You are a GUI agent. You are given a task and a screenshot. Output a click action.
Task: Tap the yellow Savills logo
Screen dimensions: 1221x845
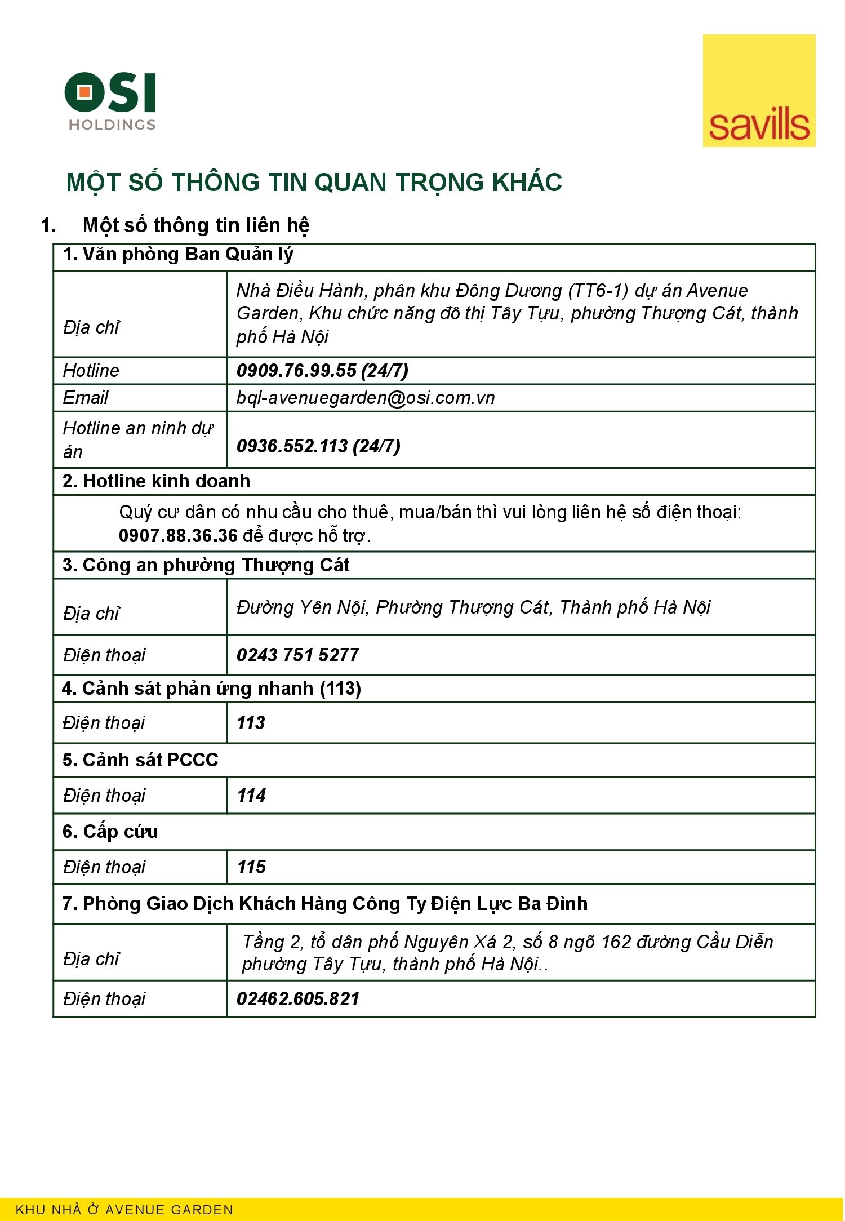click(758, 91)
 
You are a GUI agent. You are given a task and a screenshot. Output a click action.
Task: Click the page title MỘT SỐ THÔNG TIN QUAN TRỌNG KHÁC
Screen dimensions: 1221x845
click(314, 183)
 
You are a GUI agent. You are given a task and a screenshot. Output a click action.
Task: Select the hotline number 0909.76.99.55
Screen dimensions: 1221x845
click(296, 370)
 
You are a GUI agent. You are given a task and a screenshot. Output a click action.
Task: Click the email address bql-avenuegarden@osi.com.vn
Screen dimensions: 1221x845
click(366, 398)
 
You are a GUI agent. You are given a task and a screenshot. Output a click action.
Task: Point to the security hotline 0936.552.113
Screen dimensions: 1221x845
click(292, 446)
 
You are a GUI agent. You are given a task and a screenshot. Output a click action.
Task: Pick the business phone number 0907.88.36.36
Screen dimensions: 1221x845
click(178, 535)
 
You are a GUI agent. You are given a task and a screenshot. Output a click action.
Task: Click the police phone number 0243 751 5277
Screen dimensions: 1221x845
click(297, 655)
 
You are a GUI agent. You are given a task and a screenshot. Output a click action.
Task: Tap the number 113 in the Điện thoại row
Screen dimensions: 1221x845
click(251, 722)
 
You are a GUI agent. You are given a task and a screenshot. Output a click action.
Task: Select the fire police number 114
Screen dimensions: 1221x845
click(251, 795)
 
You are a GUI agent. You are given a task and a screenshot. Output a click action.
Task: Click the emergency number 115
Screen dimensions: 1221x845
click(251, 867)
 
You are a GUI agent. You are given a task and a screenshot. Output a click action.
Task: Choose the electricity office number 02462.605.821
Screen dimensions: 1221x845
click(298, 998)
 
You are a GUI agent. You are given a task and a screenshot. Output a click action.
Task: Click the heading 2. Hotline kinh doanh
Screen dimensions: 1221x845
click(157, 481)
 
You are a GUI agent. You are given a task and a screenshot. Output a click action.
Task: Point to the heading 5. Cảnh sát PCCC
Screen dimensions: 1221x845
click(140, 760)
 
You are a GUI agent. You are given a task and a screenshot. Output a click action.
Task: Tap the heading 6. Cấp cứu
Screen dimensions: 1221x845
click(110, 831)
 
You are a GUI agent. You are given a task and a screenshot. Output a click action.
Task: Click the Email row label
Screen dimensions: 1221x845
click(86, 398)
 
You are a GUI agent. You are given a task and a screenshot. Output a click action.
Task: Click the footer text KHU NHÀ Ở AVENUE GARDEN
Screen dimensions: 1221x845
click(124, 1209)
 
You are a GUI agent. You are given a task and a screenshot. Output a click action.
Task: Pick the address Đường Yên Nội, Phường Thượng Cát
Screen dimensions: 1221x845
click(473, 607)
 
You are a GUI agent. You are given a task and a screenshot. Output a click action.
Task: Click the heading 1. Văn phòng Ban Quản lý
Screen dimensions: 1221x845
click(178, 255)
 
